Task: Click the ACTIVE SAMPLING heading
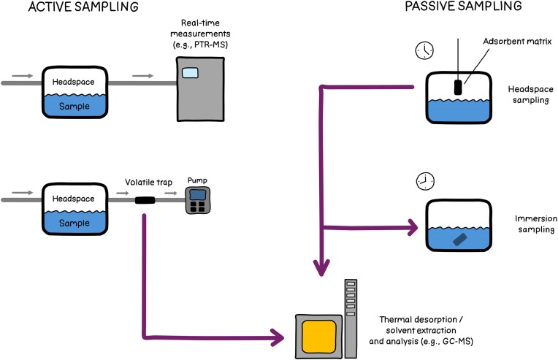coord(83,7)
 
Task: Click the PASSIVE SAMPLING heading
coord(463,6)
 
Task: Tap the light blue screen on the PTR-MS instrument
coord(190,73)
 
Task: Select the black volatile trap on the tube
coord(145,200)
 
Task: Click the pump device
coord(198,200)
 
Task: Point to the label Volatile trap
coord(148,182)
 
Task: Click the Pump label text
coord(197,180)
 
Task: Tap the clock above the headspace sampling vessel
coord(424,50)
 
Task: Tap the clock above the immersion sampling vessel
coord(425,181)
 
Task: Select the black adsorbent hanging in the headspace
coord(458,88)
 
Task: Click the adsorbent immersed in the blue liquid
coord(459,240)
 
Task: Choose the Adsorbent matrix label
coord(517,42)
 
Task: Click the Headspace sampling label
coord(530,95)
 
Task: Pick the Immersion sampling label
coord(536,223)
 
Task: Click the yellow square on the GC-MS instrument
coord(319,336)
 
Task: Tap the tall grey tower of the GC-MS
coord(351,318)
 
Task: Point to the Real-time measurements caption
coord(200,34)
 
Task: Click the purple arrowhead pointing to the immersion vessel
coord(412,227)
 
